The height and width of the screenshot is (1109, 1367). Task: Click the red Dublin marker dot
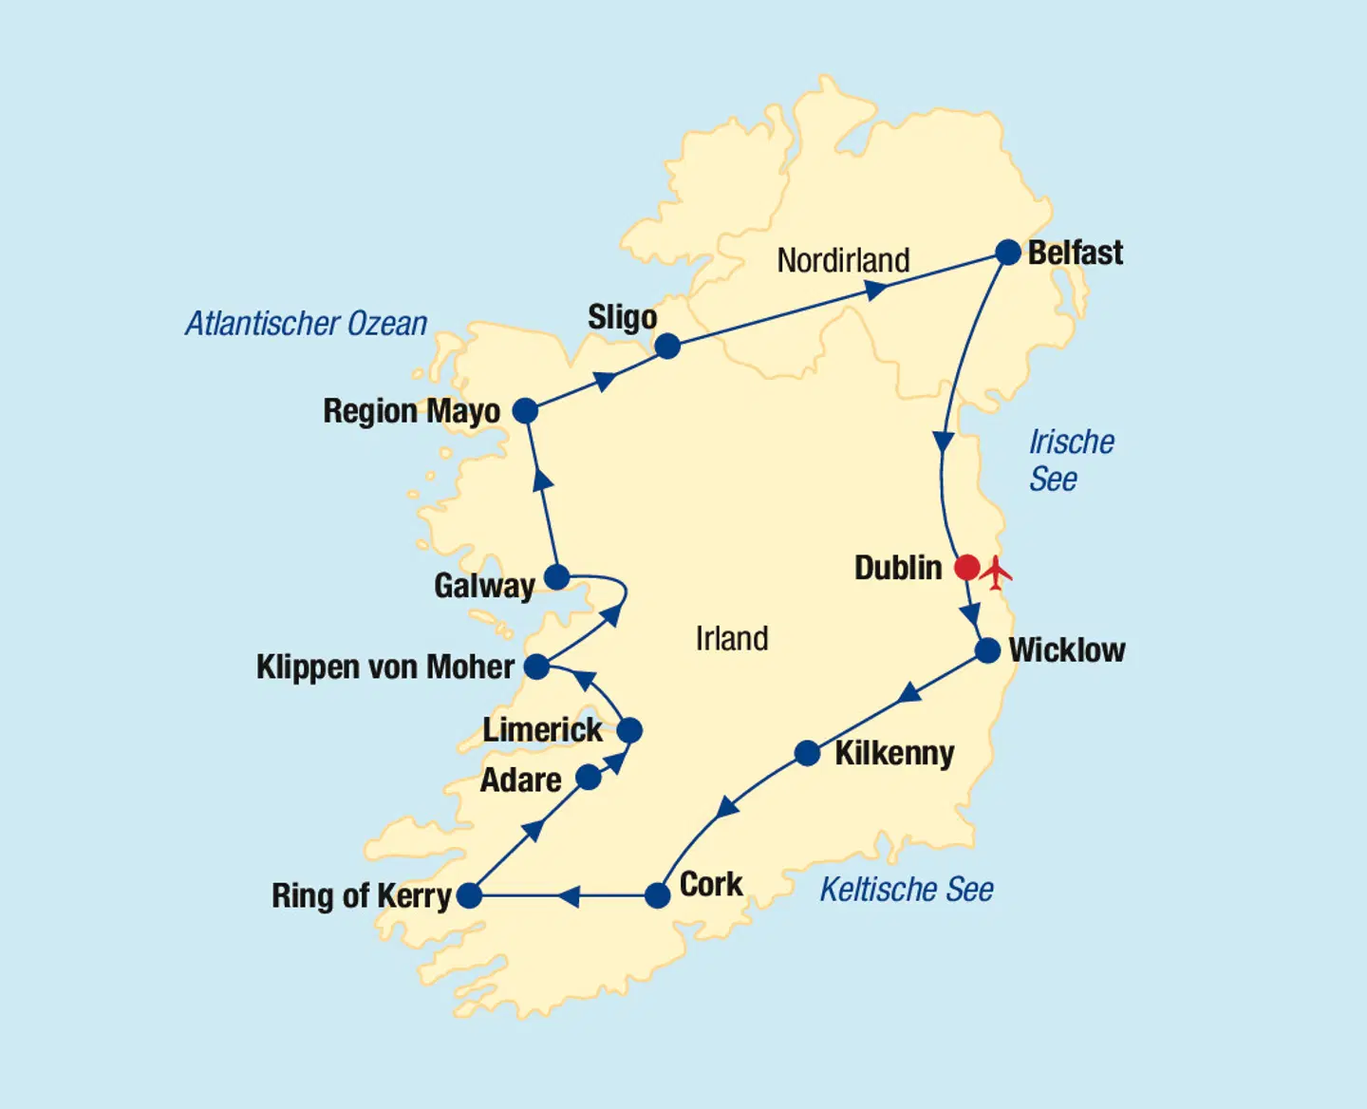[x=966, y=568]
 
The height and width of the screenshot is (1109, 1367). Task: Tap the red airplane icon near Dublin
[x=997, y=572]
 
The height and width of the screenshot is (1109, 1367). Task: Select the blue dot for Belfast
[x=1007, y=253]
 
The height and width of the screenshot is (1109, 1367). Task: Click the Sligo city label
[x=622, y=317]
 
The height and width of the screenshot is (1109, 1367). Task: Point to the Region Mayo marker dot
[x=525, y=411]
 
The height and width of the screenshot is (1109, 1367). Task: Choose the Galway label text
[x=484, y=586]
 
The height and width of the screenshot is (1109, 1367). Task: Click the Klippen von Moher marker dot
[x=536, y=667]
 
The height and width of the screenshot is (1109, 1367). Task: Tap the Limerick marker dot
[x=629, y=730]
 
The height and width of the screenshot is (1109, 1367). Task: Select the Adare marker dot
[x=589, y=778]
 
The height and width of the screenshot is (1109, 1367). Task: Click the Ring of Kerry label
[x=361, y=895]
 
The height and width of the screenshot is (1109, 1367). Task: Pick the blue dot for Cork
[x=657, y=895]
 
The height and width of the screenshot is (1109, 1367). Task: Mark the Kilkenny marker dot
[x=807, y=754]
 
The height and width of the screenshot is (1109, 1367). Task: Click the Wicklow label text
[x=1066, y=650]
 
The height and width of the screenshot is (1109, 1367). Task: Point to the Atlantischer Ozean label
[x=306, y=324]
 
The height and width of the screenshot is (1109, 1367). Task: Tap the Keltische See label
[x=906, y=890]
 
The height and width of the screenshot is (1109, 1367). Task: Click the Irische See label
[x=1071, y=461]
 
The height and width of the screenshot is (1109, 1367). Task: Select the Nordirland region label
[x=843, y=260]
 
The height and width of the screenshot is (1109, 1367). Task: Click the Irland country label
[x=731, y=639]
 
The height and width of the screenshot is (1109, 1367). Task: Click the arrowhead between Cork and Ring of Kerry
[x=569, y=895]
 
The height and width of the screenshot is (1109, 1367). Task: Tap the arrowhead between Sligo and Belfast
[x=876, y=290]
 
